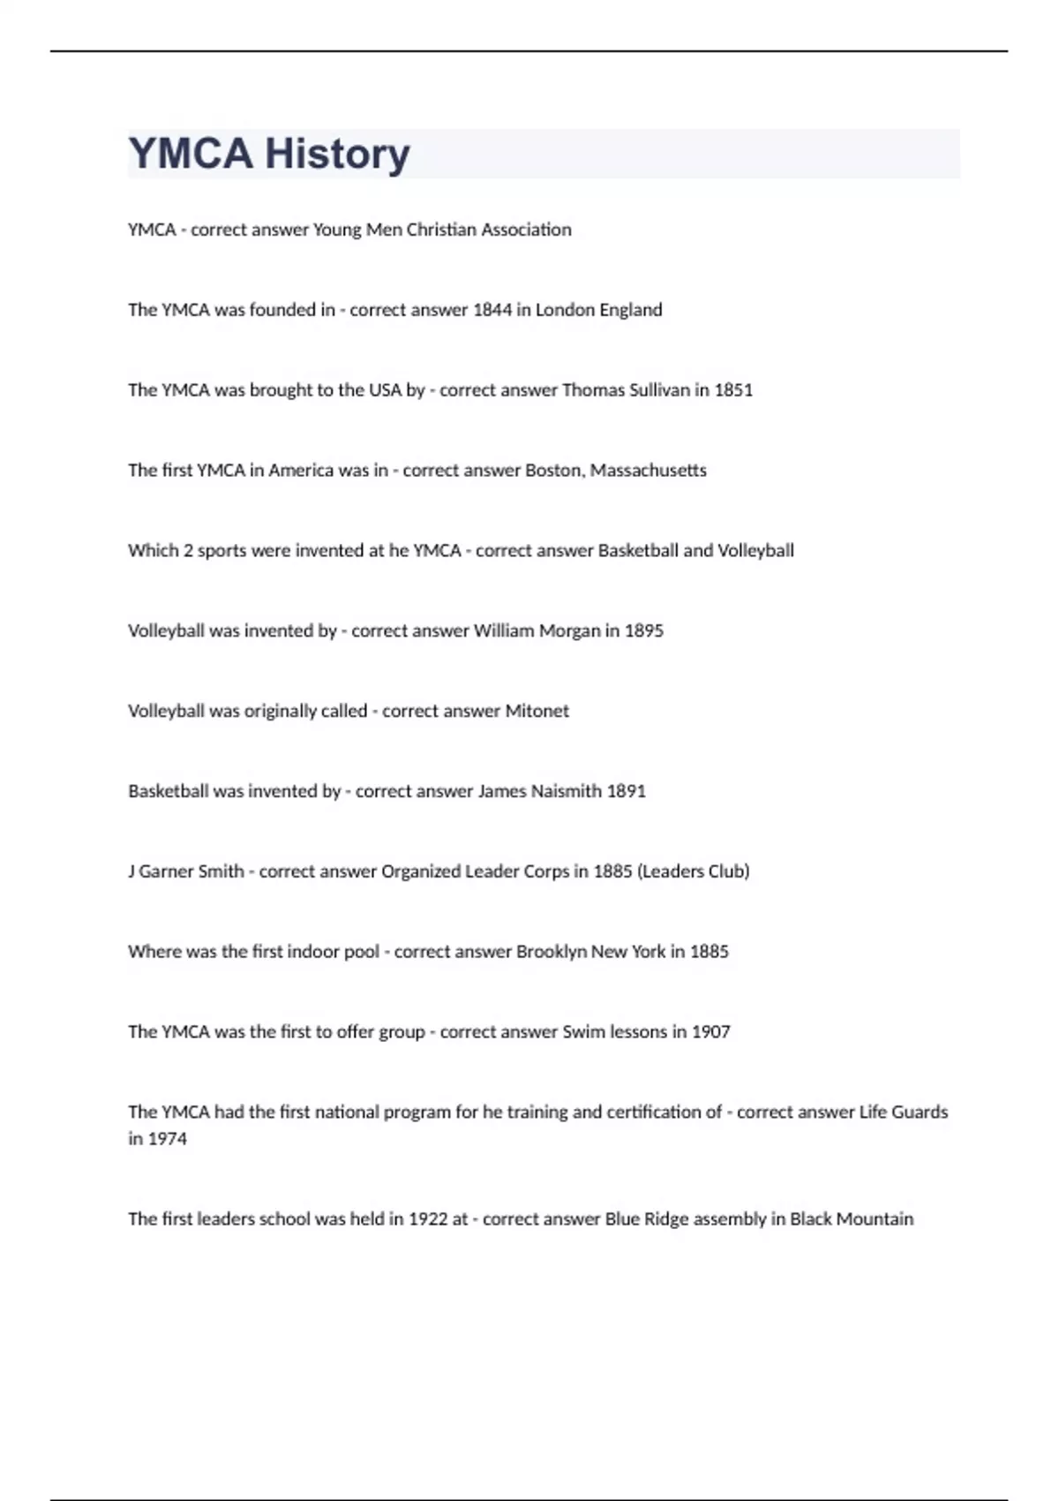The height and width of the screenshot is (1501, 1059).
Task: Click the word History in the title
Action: (337, 154)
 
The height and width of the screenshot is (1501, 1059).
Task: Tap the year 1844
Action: (492, 310)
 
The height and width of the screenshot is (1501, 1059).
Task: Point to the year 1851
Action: (733, 390)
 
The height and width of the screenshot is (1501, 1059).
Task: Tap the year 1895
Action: (644, 631)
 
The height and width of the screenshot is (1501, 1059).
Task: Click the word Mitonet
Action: (537, 712)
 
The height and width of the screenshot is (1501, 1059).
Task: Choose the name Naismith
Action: (567, 792)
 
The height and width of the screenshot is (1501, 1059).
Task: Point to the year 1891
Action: (627, 792)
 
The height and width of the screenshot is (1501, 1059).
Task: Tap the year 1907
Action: (710, 1032)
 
